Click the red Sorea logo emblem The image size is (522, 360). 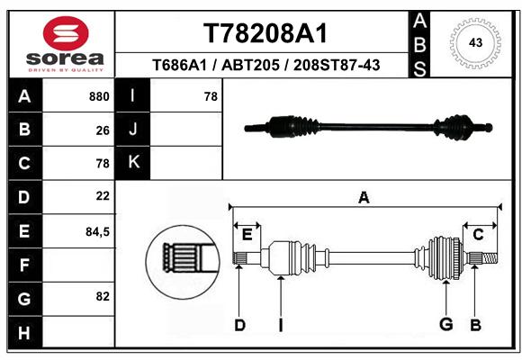coord(66,33)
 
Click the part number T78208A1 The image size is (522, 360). coord(265,33)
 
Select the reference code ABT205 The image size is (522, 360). coord(250,66)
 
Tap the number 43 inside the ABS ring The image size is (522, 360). coord(475,42)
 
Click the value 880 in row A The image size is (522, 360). coord(99,96)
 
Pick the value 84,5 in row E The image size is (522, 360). coord(97,231)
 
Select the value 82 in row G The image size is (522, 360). coord(103,296)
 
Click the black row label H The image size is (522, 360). coord(24,333)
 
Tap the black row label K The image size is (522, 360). coord(133,162)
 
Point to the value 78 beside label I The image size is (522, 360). coord(211,96)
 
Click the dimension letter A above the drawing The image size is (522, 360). coord(364,198)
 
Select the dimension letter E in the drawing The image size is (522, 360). coord(247,235)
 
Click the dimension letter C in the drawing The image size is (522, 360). coord(478,235)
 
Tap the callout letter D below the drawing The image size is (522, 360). coord(239,325)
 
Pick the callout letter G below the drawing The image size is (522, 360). coord(446,324)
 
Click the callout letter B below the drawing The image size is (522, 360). coord(475,325)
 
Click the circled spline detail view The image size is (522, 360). coord(183,262)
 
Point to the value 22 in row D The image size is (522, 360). coord(103,196)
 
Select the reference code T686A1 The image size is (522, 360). coord(179,66)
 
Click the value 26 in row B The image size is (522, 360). coord(103,130)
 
